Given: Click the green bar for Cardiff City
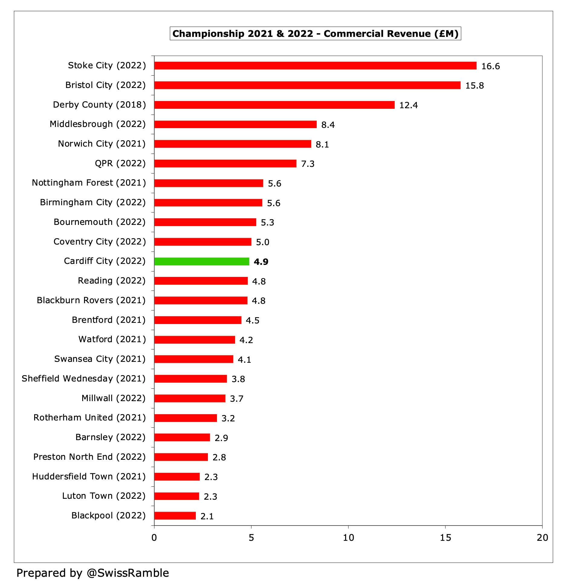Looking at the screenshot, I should click(x=202, y=261).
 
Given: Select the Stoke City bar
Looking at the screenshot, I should click(x=315, y=66).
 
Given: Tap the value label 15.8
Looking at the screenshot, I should click(x=474, y=86).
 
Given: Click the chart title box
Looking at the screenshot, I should click(x=315, y=34).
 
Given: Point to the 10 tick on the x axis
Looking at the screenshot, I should click(x=348, y=538).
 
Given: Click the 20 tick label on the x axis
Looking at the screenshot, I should click(x=542, y=538).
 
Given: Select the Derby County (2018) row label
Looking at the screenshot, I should click(x=99, y=105).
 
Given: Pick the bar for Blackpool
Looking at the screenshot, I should click(x=175, y=516).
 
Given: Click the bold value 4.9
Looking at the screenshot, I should click(x=261, y=262).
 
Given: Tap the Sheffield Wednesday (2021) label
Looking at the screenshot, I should click(x=83, y=379).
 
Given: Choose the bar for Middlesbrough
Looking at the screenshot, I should click(x=235, y=124).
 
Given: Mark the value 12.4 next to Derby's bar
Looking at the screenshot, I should click(x=408, y=105).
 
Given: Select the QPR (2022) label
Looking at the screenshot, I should click(x=120, y=164).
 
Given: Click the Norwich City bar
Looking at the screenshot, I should click(x=232, y=144).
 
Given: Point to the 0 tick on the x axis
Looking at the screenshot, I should click(x=154, y=538).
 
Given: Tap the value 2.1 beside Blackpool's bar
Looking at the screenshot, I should click(x=207, y=516).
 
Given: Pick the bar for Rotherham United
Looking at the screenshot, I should click(x=186, y=418).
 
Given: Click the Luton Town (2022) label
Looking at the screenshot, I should click(x=104, y=496).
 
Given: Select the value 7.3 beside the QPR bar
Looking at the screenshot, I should click(x=308, y=164).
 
